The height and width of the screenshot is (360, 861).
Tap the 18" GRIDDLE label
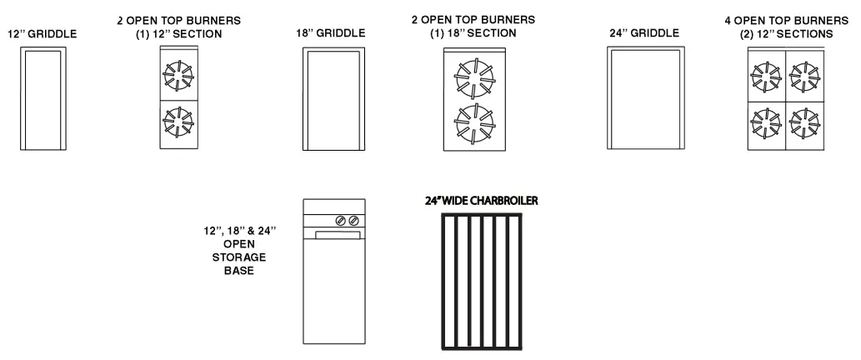coord(332,33)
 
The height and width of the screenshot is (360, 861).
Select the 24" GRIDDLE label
coord(643,33)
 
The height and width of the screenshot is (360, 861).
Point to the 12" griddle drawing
coord(43,99)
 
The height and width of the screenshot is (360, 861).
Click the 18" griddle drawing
coord(333,99)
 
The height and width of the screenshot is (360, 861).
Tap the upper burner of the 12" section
coord(178,77)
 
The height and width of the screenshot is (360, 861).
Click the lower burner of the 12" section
coord(178,123)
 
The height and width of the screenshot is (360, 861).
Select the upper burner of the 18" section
coord(472,77)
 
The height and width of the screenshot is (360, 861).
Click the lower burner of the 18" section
coord(472,124)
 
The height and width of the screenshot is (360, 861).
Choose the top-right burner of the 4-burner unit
coord(803,77)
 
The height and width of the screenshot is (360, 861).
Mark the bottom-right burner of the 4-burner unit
coord(803,123)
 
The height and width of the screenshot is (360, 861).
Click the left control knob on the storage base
coord(340,221)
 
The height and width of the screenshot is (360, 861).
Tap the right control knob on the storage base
coord(353,221)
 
